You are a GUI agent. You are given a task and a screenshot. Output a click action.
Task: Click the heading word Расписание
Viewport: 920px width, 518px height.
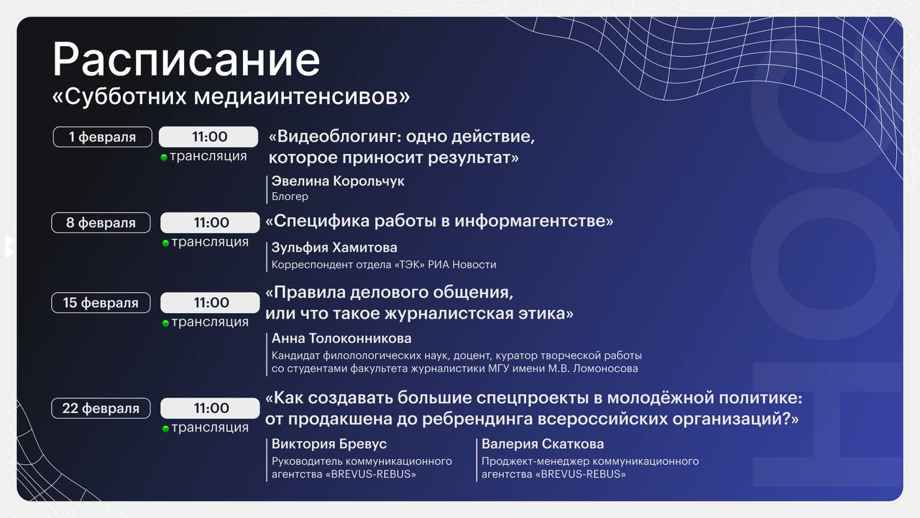coord(186,60)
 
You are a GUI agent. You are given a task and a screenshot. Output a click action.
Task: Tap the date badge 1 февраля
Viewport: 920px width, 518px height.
coord(102,137)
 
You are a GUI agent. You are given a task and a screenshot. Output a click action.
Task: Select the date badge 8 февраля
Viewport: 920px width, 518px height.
coord(101,223)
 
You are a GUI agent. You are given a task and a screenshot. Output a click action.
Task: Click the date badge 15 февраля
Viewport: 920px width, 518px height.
coord(101,303)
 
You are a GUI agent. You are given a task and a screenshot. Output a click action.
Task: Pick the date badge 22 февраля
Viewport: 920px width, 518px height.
coord(101,408)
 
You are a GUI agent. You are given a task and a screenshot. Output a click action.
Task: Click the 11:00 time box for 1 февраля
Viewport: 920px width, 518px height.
coord(208,137)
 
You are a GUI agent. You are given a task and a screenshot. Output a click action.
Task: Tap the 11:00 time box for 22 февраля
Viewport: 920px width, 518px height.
coord(211,408)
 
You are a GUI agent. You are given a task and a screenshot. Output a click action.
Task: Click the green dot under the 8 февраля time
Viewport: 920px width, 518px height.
coord(165,243)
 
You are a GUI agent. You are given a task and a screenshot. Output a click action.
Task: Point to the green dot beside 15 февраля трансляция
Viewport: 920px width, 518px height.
coord(165,324)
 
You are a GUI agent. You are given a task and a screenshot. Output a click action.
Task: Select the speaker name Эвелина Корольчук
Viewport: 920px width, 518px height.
coord(338,181)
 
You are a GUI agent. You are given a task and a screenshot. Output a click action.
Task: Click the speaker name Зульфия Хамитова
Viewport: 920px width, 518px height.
coord(334,247)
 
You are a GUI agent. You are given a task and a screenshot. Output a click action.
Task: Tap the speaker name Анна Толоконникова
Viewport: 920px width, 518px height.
coord(341,338)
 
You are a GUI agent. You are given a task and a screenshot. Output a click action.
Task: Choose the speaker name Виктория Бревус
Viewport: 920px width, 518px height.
coord(329,444)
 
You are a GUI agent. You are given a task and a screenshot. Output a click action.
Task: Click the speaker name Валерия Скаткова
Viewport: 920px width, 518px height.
coord(543,444)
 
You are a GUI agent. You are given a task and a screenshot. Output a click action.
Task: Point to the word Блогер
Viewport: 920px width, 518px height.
coord(290,196)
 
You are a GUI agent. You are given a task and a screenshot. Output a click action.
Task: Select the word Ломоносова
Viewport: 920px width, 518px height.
coord(605,368)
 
